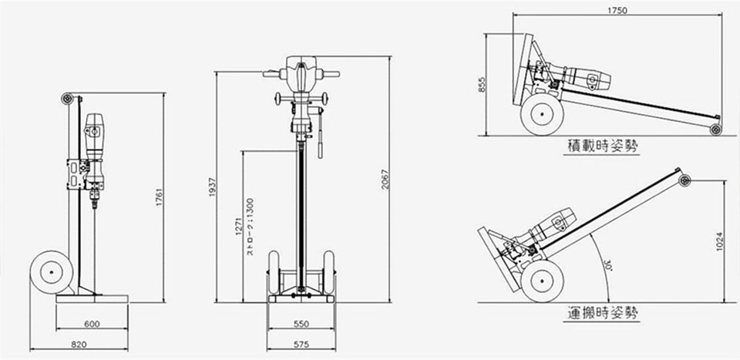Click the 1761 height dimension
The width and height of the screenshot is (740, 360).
pos(159,197)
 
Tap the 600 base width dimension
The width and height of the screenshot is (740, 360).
pos(92,324)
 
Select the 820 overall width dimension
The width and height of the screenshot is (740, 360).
pos(79,345)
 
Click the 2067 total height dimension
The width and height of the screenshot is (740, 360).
pos(385,180)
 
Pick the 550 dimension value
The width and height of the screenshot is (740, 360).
pos(301,324)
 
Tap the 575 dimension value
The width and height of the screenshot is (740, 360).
pos(301,345)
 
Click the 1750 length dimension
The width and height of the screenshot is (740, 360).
pos(617,10)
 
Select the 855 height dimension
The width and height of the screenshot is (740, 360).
pos(482,85)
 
